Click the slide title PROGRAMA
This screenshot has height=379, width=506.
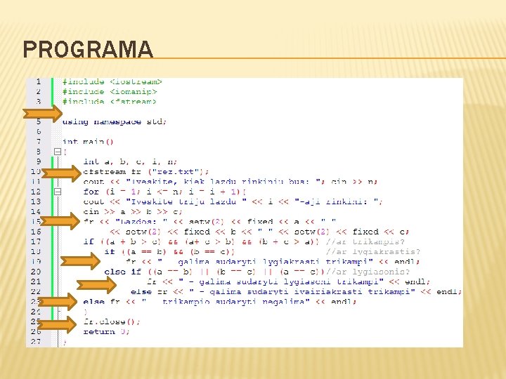pos(87,50)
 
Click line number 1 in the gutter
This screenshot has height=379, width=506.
pos(37,81)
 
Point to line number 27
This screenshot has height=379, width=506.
pos(35,342)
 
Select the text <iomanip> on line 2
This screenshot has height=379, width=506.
pos(134,91)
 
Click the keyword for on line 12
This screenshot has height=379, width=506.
pos(91,192)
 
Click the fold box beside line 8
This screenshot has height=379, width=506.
pos(57,152)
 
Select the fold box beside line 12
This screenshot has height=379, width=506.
pos(57,192)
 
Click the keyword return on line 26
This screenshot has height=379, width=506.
pos(98,332)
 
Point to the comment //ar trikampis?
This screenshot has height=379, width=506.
pos(365,241)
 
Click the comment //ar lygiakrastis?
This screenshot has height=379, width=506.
pos(372,251)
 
